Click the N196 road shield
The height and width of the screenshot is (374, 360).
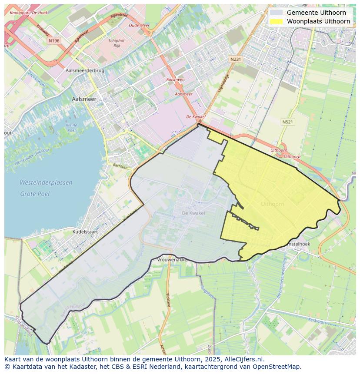(54, 40)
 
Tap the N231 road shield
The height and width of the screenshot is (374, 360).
(236, 59)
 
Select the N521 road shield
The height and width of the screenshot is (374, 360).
(287, 122)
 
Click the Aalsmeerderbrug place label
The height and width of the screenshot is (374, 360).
(85, 70)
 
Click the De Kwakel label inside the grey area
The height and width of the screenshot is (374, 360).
(193, 213)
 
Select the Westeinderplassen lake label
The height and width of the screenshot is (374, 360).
(46, 183)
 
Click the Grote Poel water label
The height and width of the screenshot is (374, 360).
(35, 194)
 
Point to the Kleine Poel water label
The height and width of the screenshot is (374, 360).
(71, 128)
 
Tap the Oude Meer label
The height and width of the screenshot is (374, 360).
(139, 25)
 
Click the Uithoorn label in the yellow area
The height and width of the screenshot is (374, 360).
(273, 204)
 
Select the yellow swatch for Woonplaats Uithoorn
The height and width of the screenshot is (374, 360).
(276, 21)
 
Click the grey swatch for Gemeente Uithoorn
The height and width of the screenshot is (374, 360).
(276, 13)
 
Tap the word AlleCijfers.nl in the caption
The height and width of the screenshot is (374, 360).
(244, 359)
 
